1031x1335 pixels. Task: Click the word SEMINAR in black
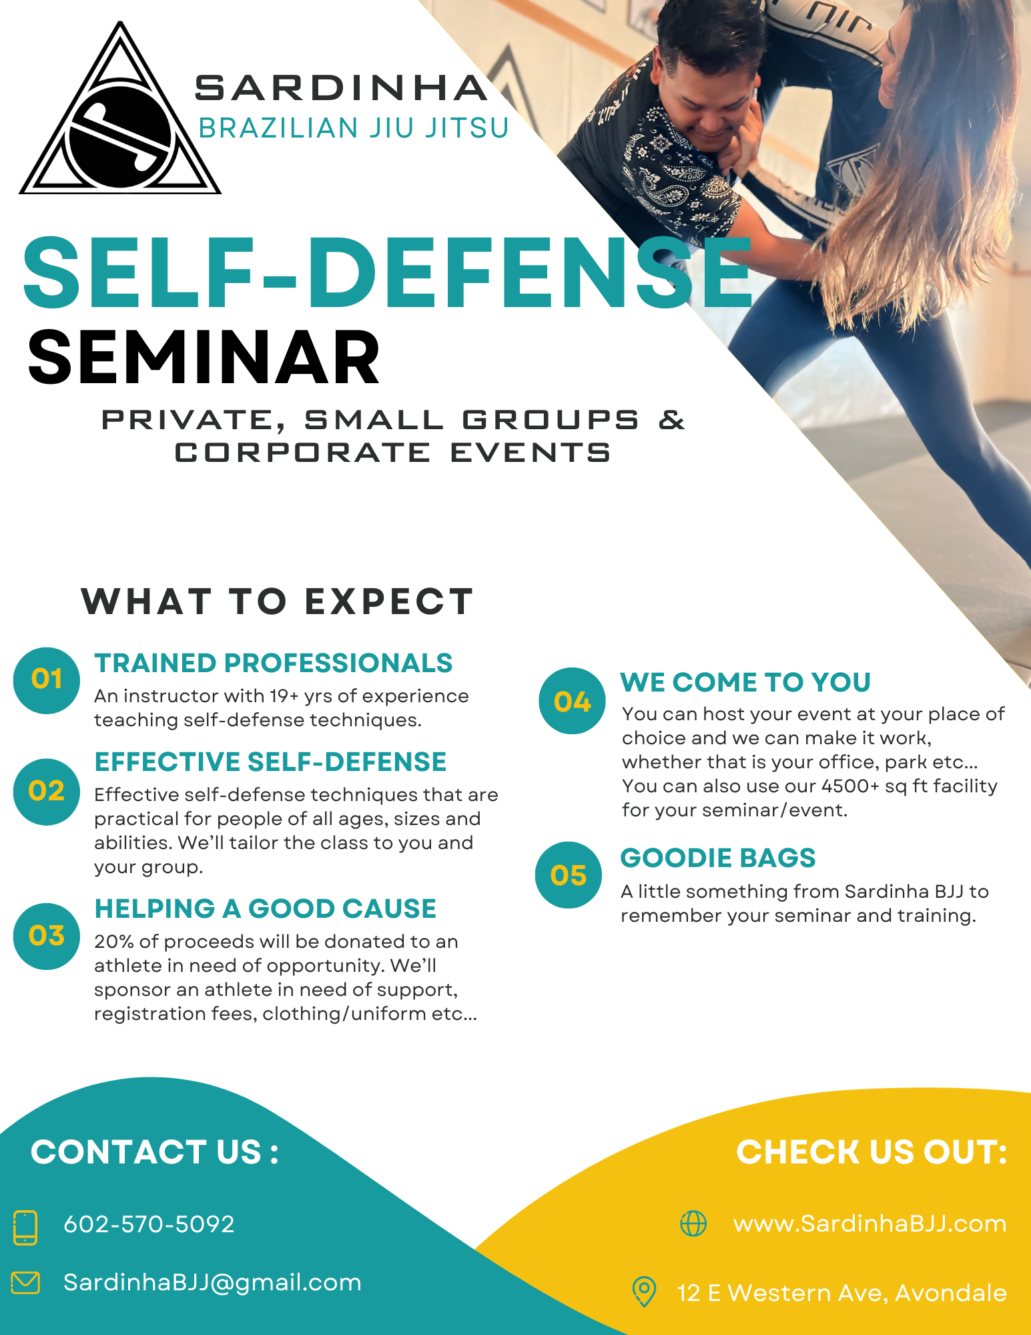coord(204,358)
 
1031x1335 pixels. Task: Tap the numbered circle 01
coord(47,680)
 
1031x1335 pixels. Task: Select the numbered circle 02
coord(47,792)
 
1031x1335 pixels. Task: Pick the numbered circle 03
coord(47,936)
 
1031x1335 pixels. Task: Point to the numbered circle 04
coord(572,701)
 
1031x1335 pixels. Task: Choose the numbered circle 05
coord(569,874)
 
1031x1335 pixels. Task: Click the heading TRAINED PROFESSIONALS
coord(274,663)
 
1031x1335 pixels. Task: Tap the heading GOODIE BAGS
coord(718,858)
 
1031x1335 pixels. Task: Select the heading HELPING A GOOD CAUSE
coord(266,909)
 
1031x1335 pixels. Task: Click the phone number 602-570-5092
coord(149,1224)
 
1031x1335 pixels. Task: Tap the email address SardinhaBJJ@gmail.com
coord(212,1283)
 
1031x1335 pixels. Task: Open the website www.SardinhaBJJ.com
coord(870,1224)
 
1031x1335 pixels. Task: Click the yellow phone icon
coord(25,1228)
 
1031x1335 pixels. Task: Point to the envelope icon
coord(25,1283)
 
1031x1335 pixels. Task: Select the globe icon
coord(693,1224)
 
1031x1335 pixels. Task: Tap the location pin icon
coord(644,1292)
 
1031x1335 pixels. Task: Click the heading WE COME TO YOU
coord(746,683)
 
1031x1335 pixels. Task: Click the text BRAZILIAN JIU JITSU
coord(354,128)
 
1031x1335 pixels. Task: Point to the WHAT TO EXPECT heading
coord(277,601)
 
